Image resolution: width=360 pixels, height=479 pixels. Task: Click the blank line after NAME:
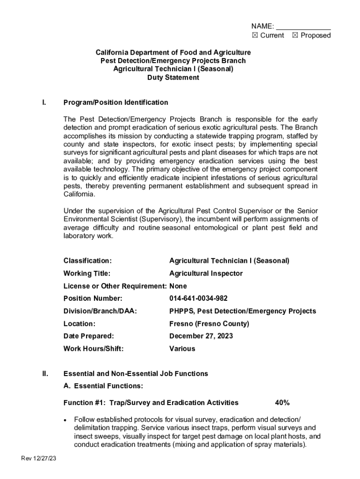point(303,26)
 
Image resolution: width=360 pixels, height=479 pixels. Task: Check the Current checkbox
point(255,36)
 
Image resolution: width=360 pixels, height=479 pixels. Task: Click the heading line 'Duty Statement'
point(173,78)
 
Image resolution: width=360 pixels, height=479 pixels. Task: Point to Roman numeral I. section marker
point(43,102)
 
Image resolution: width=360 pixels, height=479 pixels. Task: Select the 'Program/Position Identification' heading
point(115,102)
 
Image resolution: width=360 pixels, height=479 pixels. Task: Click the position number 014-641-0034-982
point(198,298)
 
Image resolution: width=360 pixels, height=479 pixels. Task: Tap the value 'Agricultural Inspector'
point(206,273)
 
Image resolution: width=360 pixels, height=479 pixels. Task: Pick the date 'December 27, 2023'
point(201,336)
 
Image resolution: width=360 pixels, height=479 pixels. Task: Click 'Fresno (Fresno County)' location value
point(209,324)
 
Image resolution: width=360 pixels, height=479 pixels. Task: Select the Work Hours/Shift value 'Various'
point(182,348)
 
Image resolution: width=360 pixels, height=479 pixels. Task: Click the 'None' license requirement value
point(178,286)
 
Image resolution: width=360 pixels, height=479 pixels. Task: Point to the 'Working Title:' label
point(87,273)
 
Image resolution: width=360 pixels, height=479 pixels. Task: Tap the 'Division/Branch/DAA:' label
point(100,311)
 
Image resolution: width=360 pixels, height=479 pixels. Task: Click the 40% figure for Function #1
point(282,403)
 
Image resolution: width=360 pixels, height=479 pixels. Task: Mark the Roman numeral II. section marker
point(45,374)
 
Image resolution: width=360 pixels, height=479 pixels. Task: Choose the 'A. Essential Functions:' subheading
point(103,386)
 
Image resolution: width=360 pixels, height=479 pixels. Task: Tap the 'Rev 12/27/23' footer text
point(39,458)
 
